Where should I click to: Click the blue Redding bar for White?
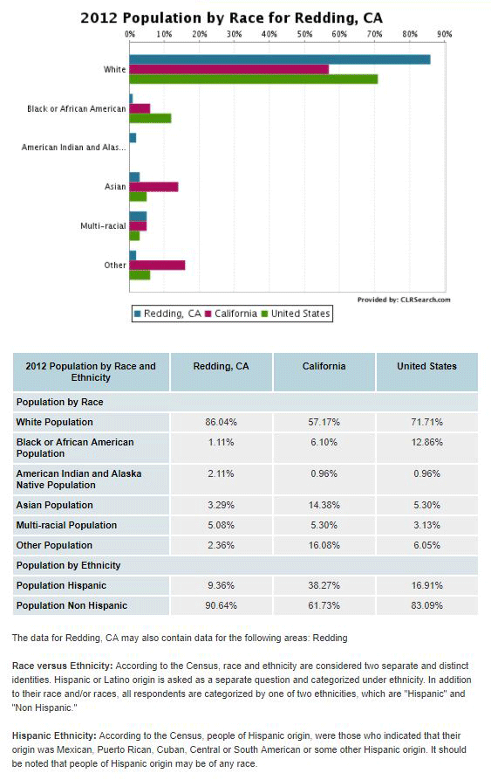[280, 59]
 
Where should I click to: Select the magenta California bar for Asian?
[153, 187]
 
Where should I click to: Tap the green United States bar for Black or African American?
[150, 119]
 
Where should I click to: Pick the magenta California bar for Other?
[157, 266]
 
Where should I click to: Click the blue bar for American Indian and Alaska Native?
[133, 138]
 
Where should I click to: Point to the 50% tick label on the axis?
[305, 34]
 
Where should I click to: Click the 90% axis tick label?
[445, 34]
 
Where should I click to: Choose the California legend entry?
[231, 314]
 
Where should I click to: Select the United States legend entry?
[296, 314]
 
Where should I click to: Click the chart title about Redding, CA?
[231, 18]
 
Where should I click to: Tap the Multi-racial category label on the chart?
[103, 226]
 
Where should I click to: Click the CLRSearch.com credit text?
[404, 300]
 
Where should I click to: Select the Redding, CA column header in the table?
[221, 367]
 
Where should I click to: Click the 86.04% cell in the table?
[221, 423]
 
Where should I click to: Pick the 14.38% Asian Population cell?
[324, 506]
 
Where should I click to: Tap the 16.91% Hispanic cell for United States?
[427, 585]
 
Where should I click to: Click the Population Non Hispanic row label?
[72, 606]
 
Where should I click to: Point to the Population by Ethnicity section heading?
[69, 566]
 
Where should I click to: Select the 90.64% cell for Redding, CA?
[221, 606]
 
